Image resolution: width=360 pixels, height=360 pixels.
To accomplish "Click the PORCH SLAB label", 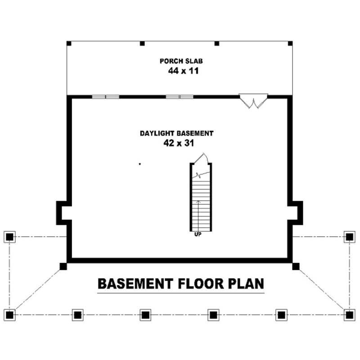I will [x=179, y=61].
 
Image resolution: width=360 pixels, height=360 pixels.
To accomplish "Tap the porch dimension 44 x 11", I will [x=180, y=71].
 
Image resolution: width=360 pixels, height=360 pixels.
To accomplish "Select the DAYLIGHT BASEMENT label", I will [x=176, y=133].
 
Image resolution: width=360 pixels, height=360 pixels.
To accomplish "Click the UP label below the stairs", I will [x=197, y=234].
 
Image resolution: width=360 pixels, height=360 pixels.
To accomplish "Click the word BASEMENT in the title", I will [x=135, y=284].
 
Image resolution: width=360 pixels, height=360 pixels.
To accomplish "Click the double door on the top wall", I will [x=254, y=100].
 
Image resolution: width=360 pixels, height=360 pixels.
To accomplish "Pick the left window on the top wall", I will [x=106, y=96].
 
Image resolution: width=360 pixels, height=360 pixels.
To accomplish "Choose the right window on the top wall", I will [x=179, y=96].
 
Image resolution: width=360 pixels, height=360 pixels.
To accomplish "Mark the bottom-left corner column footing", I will [x=9, y=314].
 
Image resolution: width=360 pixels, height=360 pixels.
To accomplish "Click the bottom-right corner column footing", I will [x=349, y=314].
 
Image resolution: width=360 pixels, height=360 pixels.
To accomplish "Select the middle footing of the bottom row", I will [x=145, y=314].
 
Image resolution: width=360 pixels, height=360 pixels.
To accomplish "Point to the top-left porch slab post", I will [x=69, y=44].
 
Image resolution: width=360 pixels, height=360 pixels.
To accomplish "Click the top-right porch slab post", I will [x=290, y=44].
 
